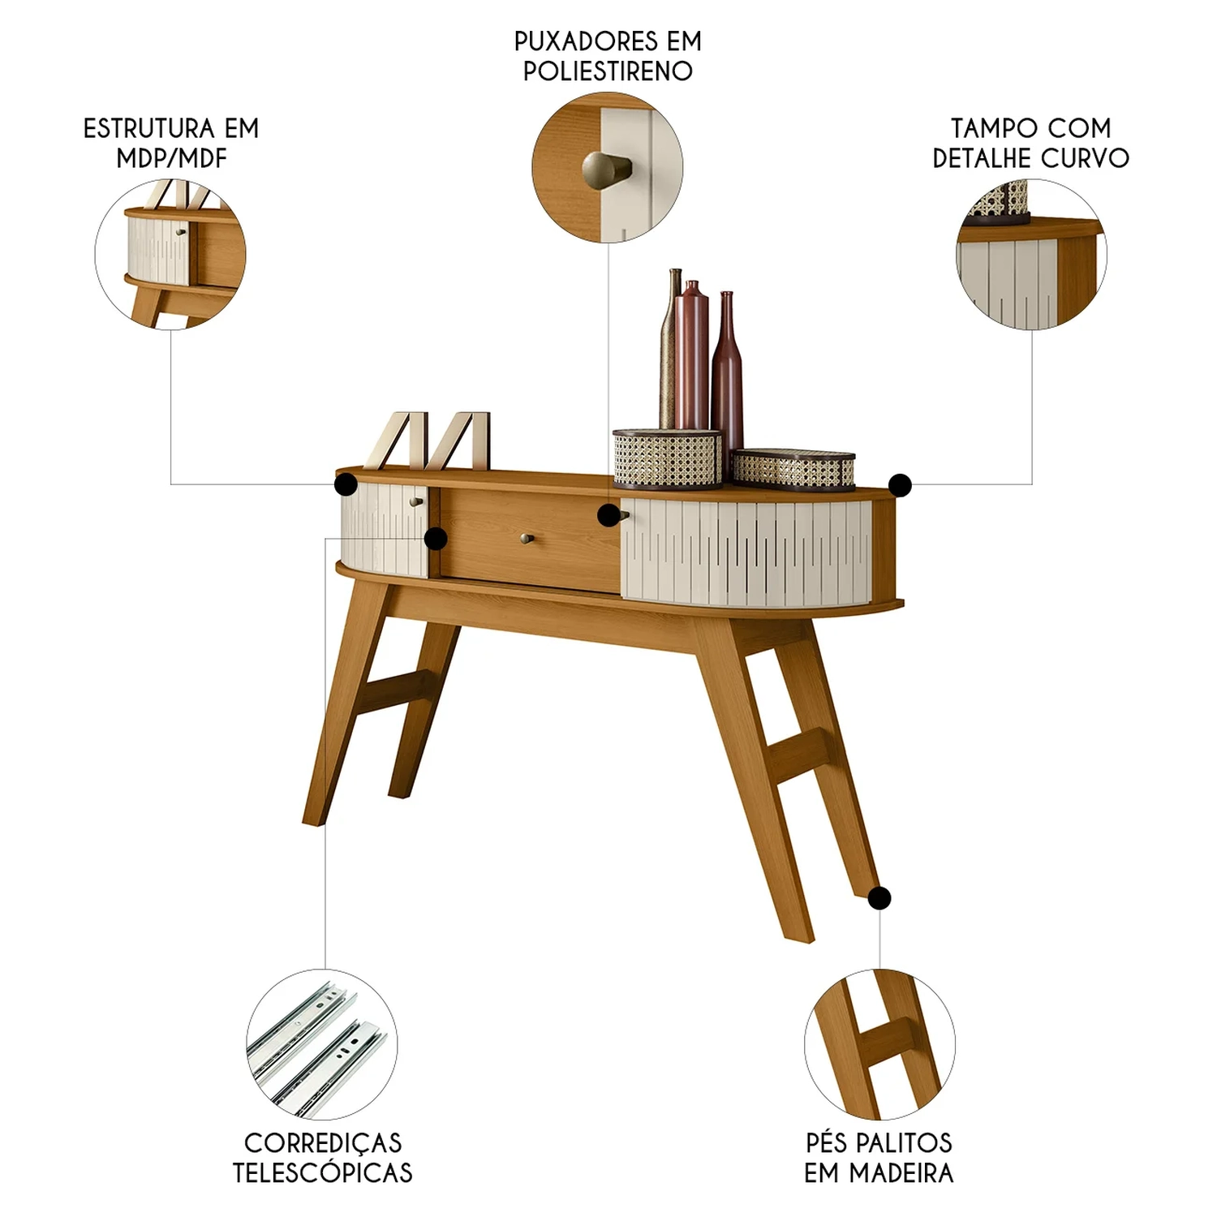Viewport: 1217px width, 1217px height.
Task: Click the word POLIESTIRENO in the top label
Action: pyautogui.click(x=608, y=71)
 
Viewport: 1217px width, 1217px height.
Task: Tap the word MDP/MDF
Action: pyautogui.click(x=171, y=158)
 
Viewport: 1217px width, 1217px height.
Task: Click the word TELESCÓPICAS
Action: pyautogui.click(x=322, y=1172)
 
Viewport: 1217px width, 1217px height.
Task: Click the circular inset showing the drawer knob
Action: pyautogui.click(x=608, y=168)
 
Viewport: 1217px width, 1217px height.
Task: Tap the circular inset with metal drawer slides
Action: pyautogui.click(x=322, y=1044)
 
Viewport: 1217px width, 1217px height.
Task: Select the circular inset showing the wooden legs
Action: pyautogui.click(x=879, y=1044)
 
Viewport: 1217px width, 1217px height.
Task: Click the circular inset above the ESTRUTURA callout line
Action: pyautogui.click(x=170, y=254)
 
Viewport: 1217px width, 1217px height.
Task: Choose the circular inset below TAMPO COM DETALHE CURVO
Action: pyautogui.click(x=1031, y=254)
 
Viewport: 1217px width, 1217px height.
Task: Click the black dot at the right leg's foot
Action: pyautogui.click(x=879, y=898)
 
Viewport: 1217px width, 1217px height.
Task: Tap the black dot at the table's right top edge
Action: pyautogui.click(x=900, y=485)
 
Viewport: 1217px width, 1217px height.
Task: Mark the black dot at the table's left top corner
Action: pyautogui.click(x=346, y=484)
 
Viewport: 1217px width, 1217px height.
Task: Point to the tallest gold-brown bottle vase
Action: pyautogui.click(x=671, y=349)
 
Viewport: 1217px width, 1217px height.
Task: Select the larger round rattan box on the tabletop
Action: pyautogui.click(x=667, y=459)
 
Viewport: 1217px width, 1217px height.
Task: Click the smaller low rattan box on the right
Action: pyautogui.click(x=793, y=468)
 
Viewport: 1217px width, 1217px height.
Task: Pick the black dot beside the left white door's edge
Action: pyautogui.click(x=436, y=538)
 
